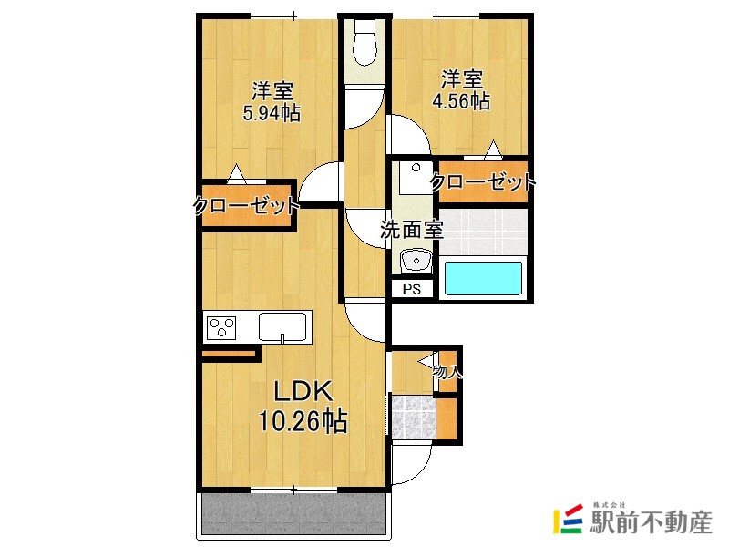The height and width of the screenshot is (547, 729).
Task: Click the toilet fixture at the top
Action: (x=365, y=43)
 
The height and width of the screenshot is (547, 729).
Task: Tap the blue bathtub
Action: (x=483, y=278)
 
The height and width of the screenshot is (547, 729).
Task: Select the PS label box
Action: (x=412, y=289)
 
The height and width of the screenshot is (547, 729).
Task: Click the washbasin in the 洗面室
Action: (x=416, y=261)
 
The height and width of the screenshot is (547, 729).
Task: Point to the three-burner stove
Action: (x=221, y=327)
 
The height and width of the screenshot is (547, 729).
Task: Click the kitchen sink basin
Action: (x=282, y=326)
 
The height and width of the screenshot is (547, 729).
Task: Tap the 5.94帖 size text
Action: (x=272, y=113)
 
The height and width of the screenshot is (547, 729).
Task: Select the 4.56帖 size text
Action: (x=461, y=101)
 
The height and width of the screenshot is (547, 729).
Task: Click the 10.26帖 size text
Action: (x=303, y=421)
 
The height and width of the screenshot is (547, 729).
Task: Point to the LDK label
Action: (x=303, y=392)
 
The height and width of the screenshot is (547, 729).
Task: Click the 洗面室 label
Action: (x=412, y=230)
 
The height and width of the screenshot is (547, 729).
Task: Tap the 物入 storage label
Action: (x=447, y=372)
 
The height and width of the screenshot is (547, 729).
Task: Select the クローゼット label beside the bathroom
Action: (x=483, y=182)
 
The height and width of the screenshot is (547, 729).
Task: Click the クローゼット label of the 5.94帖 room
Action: (x=246, y=206)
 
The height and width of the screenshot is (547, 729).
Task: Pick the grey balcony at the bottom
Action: (x=293, y=513)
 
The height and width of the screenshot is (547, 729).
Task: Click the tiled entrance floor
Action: (x=414, y=417)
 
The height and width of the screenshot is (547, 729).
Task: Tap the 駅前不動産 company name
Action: (x=651, y=522)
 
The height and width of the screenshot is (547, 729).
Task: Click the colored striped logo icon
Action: (x=568, y=519)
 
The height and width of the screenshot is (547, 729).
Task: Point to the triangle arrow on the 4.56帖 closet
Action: (x=493, y=150)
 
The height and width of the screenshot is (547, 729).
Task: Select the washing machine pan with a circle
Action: (x=416, y=177)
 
